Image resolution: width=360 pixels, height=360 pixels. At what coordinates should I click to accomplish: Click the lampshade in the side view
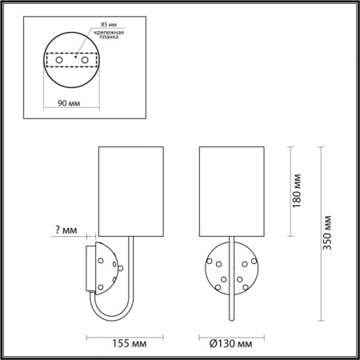coord(130,190)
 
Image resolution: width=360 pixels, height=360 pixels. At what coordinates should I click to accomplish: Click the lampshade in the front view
coord(231,190)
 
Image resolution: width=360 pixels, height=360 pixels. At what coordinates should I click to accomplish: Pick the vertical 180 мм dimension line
coord(287,191)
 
